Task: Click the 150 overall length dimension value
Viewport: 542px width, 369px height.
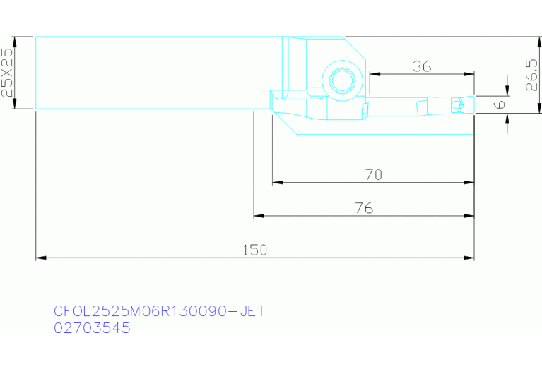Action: click(x=255, y=250)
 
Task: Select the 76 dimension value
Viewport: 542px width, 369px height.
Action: click(x=364, y=208)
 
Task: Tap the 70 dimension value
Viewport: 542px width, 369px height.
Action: click(x=374, y=175)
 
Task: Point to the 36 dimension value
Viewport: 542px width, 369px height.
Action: click(x=422, y=66)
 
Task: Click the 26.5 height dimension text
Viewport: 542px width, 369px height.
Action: click(x=531, y=75)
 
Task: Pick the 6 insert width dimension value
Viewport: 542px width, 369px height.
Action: click(x=500, y=104)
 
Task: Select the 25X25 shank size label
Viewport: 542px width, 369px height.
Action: click(x=6, y=72)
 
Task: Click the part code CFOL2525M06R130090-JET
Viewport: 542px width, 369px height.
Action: click(x=160, y=311)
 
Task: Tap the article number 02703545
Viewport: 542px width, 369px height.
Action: click(x=92, y=327)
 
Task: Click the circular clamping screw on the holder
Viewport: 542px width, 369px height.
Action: click(x=342, y=80)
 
